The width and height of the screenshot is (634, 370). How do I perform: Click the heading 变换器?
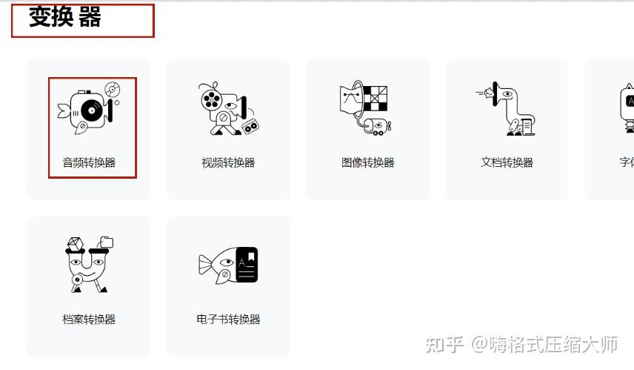(64, 17)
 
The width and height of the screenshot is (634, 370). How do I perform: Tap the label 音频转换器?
(89, 162)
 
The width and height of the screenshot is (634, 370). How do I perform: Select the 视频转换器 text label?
(228, 162)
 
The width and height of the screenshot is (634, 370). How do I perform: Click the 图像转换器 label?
(368, 162)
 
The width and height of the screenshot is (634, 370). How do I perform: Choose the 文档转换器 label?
(507, 162)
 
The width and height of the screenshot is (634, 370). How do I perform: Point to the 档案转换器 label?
(89, 320)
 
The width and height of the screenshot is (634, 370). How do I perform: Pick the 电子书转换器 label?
(228, 320)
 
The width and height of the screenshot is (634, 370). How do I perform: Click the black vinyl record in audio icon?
(92, 110)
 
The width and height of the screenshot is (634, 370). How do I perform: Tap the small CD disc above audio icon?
(113, 90)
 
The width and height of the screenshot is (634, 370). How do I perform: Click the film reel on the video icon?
(210, 99)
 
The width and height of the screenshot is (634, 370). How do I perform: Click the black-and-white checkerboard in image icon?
(376, 99)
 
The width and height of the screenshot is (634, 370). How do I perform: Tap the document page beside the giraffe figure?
(527, 127)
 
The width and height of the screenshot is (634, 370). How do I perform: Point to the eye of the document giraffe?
(507, 94)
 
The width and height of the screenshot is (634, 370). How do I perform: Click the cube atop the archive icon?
(76, 244)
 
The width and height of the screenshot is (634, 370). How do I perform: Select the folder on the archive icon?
(107, 242)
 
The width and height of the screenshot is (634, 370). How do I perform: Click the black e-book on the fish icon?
(247, 265)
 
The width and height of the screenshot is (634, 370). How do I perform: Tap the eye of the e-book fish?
(227, 262)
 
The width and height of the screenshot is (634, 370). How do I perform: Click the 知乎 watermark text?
(444, 345)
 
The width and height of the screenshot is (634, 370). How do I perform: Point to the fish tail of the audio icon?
(64, 110)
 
